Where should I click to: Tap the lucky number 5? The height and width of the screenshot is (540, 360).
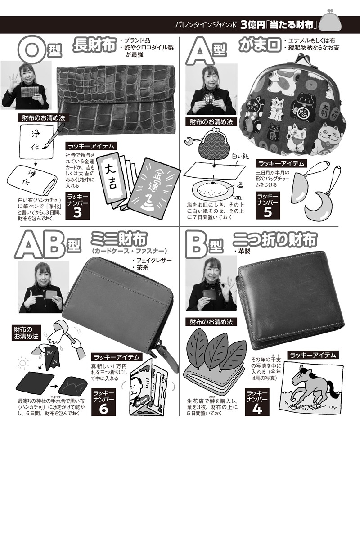[x=268, y=212]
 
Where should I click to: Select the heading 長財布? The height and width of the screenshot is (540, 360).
[x=94, y=45]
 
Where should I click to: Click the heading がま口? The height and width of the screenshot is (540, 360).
[x=260, y=45]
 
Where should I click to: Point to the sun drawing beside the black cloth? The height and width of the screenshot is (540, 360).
[x=22, y=363]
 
